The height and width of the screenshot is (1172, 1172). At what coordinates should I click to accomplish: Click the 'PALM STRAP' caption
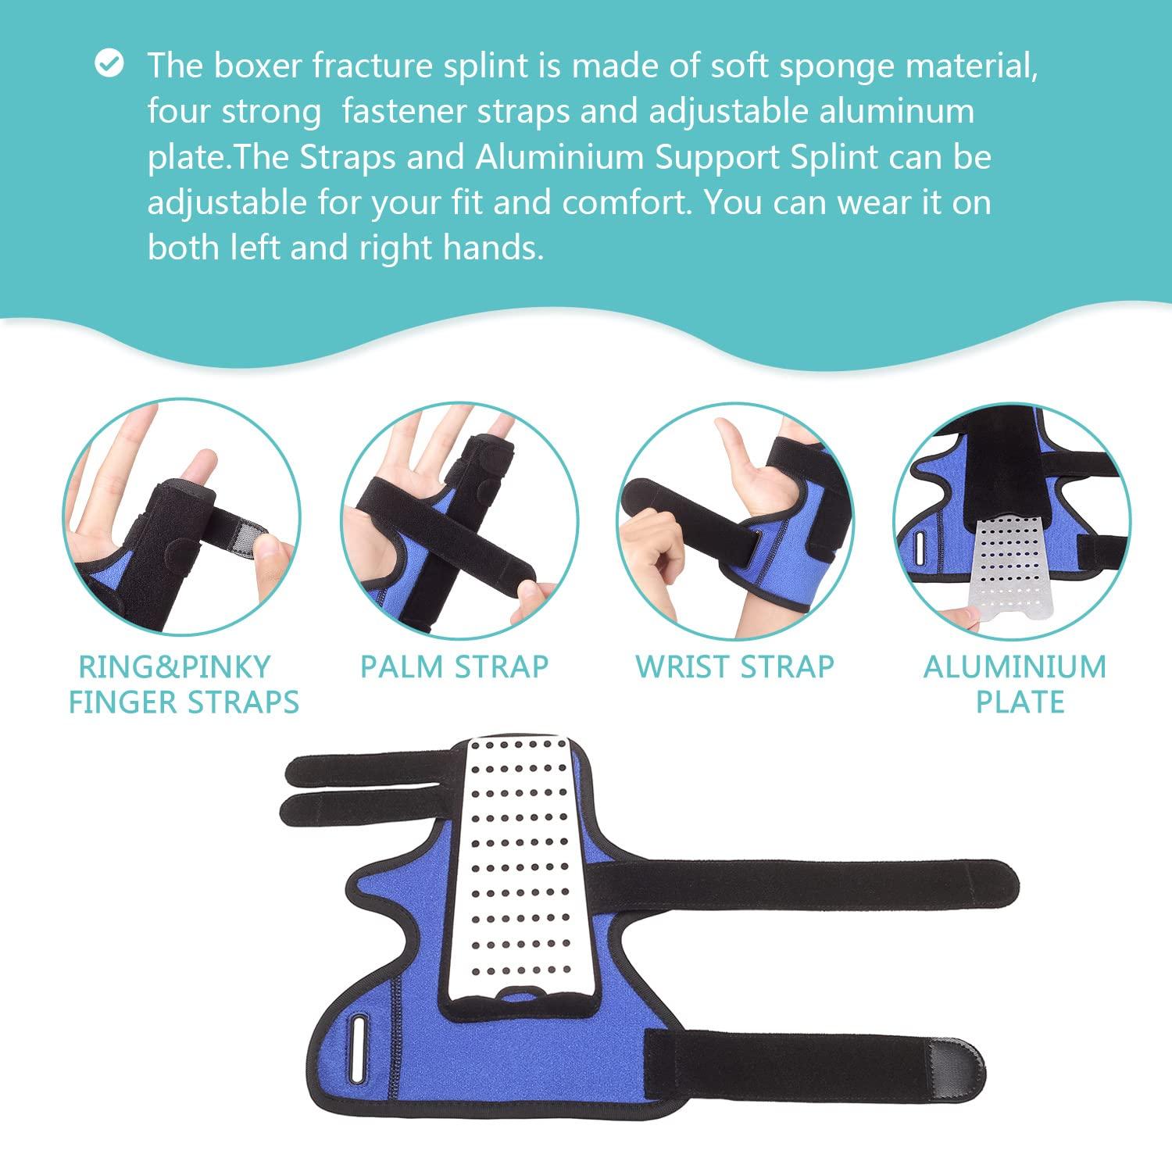click(x=454, y=666)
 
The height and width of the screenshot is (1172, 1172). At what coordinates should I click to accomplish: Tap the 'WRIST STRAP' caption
click(x=734, y=666)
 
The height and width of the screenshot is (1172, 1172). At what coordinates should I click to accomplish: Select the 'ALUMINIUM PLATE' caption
click(x=1015, y=684)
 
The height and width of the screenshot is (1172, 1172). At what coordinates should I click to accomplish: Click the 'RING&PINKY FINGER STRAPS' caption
click(x=184, y=684)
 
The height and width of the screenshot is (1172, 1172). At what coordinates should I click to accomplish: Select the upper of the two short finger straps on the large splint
click(x=367, y=770)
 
